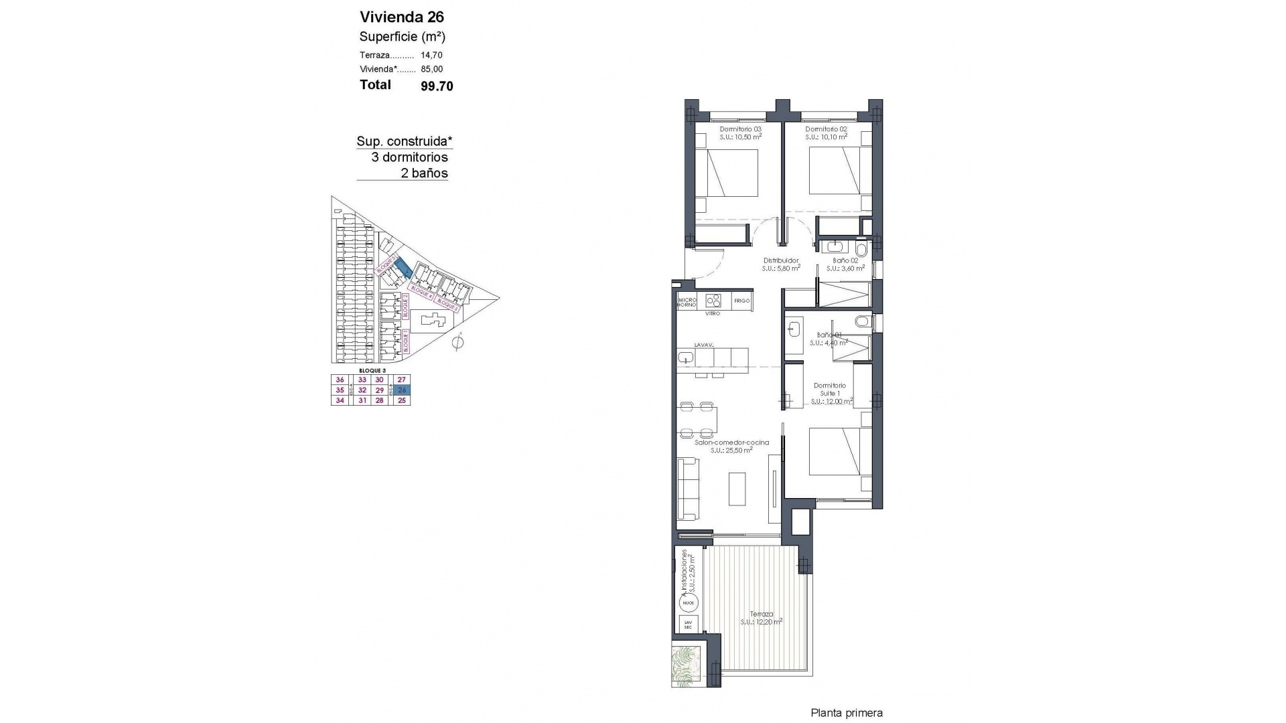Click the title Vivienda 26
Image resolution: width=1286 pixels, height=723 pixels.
[x=401, y=17]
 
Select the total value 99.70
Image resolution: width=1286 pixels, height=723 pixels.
[x=437, y=86]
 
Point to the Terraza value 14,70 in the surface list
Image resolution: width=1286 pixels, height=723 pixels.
[x=431, y=56]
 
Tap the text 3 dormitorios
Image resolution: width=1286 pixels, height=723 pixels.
[x=409, y=157]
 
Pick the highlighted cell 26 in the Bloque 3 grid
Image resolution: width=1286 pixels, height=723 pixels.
[x=402, y=390]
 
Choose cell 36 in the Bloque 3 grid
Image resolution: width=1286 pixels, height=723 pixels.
[x=340, y=380]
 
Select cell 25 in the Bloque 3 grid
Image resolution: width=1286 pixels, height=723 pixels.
[x=402, y=400]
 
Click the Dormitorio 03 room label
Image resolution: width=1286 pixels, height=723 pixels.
[x=740, y=129]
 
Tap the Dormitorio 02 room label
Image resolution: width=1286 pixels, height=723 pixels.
[x=827, y=129]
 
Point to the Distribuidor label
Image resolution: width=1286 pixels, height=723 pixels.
[x=781, y=260]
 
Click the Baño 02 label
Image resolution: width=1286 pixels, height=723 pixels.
[x=845, y=260]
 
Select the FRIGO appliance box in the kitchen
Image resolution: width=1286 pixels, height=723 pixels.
[x=741, y=301]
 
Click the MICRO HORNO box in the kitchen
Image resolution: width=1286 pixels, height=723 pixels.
[x=687, y=301]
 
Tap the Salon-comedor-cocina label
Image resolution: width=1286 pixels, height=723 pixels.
[x=731, y=443]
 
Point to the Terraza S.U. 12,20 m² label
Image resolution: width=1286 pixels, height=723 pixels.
[x=762, y=617]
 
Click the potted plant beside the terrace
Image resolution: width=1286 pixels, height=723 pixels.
[x=687, y=665]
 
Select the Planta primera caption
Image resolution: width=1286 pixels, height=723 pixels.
[x=847, y=713]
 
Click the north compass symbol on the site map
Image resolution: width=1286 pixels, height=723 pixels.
[x=458, y=343]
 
